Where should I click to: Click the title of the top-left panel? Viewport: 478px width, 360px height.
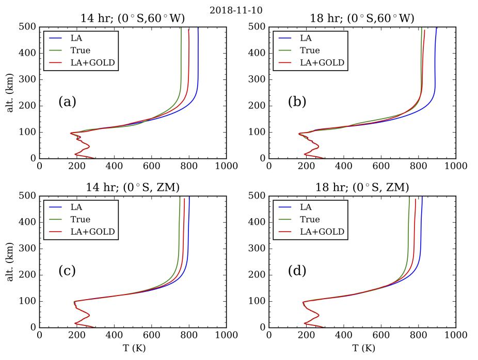pos(132,19)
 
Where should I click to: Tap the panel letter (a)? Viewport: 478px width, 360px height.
pos(67,102)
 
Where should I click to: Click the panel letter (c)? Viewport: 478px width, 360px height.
pos(67,271)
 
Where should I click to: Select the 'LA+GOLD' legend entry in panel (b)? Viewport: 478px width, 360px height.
pos(323,63)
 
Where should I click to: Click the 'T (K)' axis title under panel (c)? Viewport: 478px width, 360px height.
pos(132,349)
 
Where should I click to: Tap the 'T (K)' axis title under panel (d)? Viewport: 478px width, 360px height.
pos(361,349)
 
